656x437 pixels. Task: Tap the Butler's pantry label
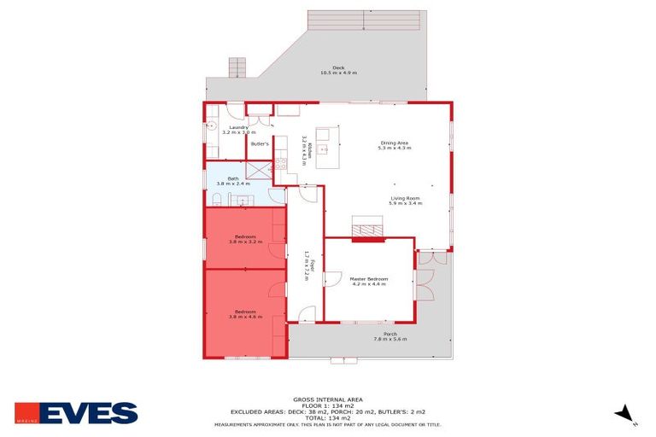pyautogui.click(x=260, y=143)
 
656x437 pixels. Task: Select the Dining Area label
pyautogui.click(x=394, y=143)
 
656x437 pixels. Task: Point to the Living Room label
pyautogui.click(x=405, y=199)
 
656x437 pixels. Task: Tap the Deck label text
pyautogui.click(x=338, y=67)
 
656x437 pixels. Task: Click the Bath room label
pyautogui.click(x=233, y=178)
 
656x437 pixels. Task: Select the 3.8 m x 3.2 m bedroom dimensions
pyautogui.click(x=245, y=242)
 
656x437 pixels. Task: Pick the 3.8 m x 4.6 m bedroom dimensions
pyautogui.click(x=245, y=317)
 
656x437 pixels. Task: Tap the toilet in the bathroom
pyautogui.click(x=217, y=200)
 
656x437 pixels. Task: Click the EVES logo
pyautogui.click(x=76, y=413)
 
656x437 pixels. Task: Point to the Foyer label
pyautogui.click(x=306, y=265)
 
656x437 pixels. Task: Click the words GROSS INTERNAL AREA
pyautogui.click(x=328, y=399)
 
